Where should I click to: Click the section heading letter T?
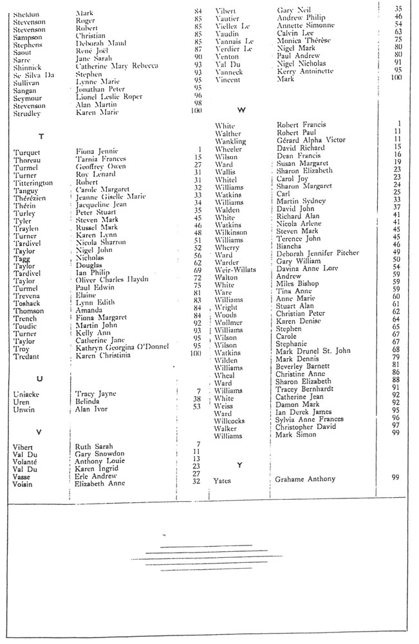(41, 137)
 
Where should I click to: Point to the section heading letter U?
(41, 378)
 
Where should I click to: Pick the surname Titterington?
(37, 182)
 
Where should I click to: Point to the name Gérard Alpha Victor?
(311, 140)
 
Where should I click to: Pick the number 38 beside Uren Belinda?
(199, 399)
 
